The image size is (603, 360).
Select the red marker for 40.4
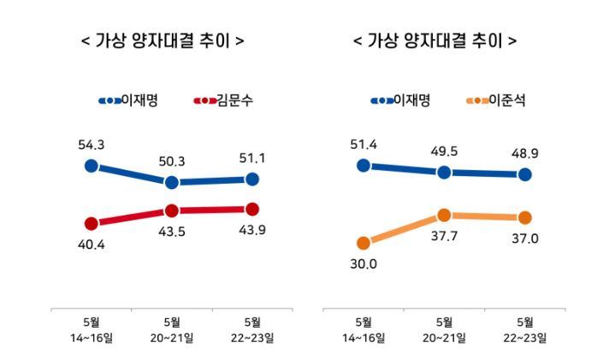click(92, 223)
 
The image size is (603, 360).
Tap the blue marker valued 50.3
click(172, 182)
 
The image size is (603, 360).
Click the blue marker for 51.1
click(252, 179)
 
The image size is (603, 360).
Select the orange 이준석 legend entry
click(495, 101)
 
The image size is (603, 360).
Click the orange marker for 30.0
click(364, 243)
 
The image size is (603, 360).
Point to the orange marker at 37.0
click(525, 217)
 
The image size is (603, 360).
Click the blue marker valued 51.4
click(364, 165)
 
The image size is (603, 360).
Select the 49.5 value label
click(444, 151)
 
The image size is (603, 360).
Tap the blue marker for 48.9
click(525, 174)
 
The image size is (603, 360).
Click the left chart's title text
click(162, 40)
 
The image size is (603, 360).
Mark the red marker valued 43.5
click(172, 210)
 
